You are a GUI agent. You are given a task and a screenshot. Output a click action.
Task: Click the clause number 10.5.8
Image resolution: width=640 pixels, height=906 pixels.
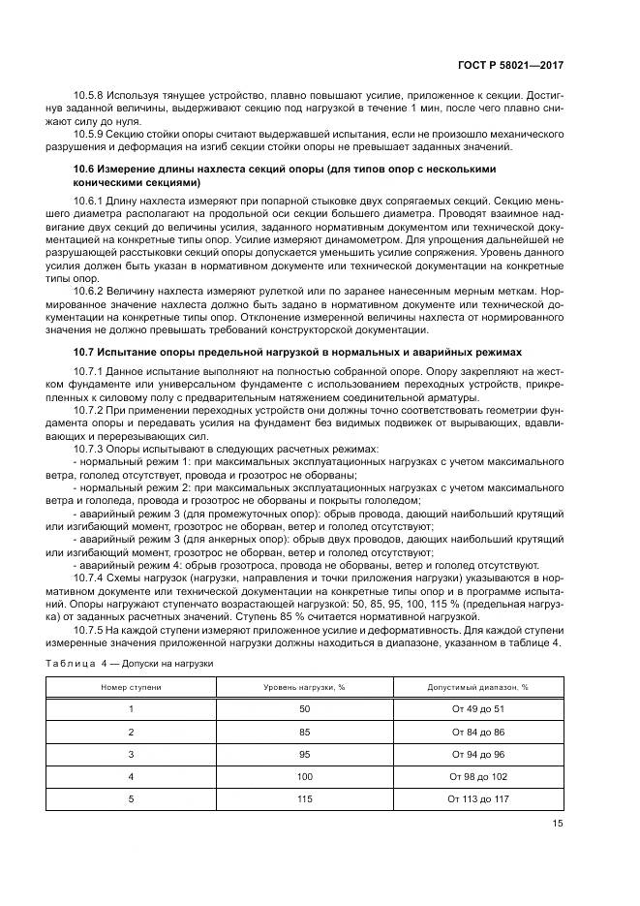[x=89, y=95]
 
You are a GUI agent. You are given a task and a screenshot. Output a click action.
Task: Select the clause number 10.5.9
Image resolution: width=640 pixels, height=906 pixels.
[x=89, y=133]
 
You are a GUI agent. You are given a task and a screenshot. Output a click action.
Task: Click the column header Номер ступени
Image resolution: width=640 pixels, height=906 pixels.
[x=131, y=686]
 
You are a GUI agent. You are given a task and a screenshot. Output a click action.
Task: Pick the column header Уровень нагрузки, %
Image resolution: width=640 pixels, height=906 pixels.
[x=305, y=686]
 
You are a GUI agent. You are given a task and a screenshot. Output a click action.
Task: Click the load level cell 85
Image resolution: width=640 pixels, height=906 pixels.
[x=305, y=733]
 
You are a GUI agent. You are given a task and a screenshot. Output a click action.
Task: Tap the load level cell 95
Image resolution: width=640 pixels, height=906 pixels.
[x=305, y=755]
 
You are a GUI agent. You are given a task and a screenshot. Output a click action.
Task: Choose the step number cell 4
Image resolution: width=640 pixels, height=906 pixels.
[x=131, y=776]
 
